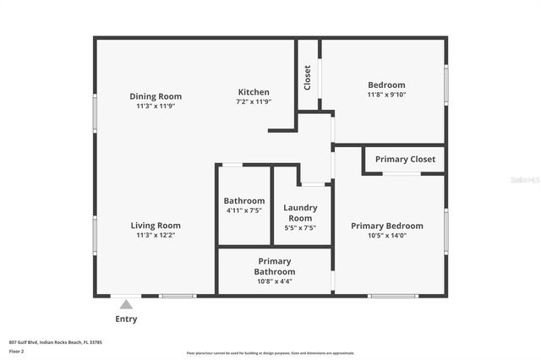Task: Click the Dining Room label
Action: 156,96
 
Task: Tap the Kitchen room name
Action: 254,92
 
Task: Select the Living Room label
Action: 156,226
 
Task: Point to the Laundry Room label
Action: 299,213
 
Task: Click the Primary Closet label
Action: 405,159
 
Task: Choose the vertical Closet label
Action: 307,77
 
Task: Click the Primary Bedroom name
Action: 387,226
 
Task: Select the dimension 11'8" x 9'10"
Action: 386,95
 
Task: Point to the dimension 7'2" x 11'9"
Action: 254,102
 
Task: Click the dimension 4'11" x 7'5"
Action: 244,210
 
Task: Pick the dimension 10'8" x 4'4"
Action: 275,281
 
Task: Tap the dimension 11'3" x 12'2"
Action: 156,236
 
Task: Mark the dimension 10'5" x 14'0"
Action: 387,236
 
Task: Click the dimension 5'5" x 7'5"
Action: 299,227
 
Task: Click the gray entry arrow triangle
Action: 126,304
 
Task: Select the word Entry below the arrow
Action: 126,319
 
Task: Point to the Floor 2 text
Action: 17,350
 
